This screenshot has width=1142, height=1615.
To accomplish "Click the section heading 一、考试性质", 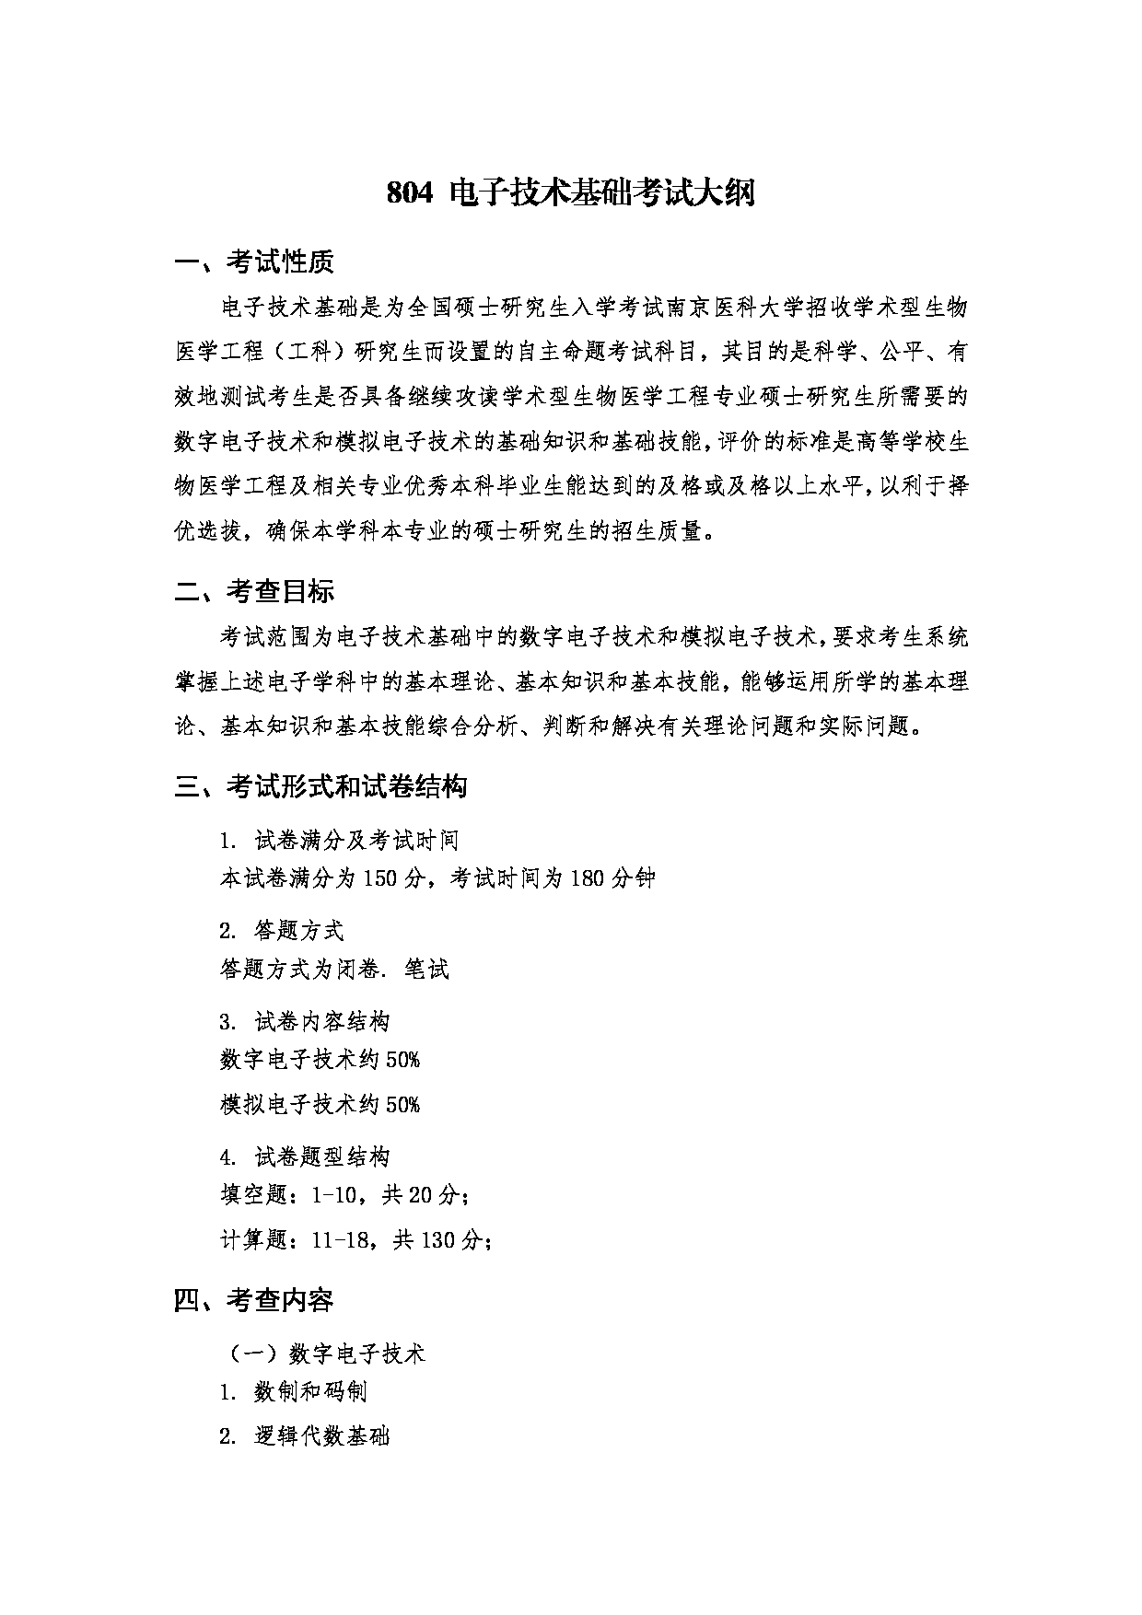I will click(254, 263).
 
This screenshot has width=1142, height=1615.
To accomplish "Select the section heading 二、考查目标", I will click(254, 592).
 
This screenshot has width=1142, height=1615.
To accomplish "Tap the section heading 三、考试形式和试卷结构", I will click(320, 786).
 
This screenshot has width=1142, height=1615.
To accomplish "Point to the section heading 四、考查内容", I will click(254, 1300).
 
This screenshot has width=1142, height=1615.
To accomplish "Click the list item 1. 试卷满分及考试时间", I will click(339, 840).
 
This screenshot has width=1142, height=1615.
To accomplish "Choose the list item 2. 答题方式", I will click(282, 931).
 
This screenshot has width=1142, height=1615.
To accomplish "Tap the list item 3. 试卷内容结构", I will click(305, 1021).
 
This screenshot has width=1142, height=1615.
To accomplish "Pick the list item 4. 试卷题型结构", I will click(305, 1156).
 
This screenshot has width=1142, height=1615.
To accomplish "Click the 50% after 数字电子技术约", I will click(402, 1060).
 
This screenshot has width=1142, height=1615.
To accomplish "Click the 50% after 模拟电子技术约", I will click(402, 1104).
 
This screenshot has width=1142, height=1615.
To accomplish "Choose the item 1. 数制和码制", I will click(294, 1391).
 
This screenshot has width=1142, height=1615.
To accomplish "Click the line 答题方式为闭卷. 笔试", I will click(334, 969).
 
